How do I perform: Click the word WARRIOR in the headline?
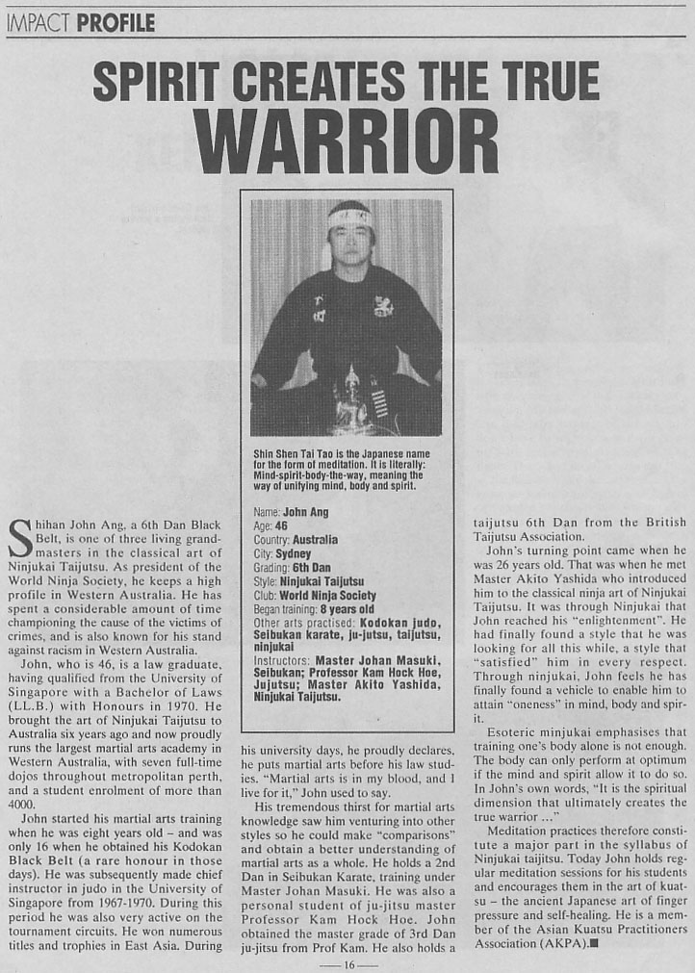347,143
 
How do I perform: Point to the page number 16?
347,963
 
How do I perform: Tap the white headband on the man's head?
348,218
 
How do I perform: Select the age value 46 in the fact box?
284,526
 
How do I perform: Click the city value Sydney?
292,554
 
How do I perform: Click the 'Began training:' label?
283,609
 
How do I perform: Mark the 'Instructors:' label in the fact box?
277,665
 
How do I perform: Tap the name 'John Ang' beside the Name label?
301,513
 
